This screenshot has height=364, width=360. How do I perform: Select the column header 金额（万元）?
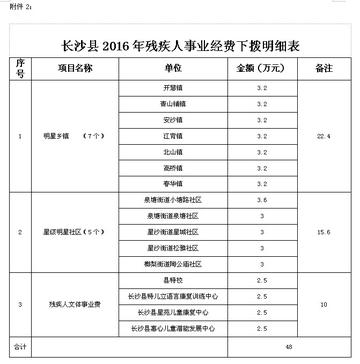(261, 69)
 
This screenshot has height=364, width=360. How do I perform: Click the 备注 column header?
(323, 69)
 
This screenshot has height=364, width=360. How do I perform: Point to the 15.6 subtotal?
(323, 233)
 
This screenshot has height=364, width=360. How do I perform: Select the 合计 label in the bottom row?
(20, 346)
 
